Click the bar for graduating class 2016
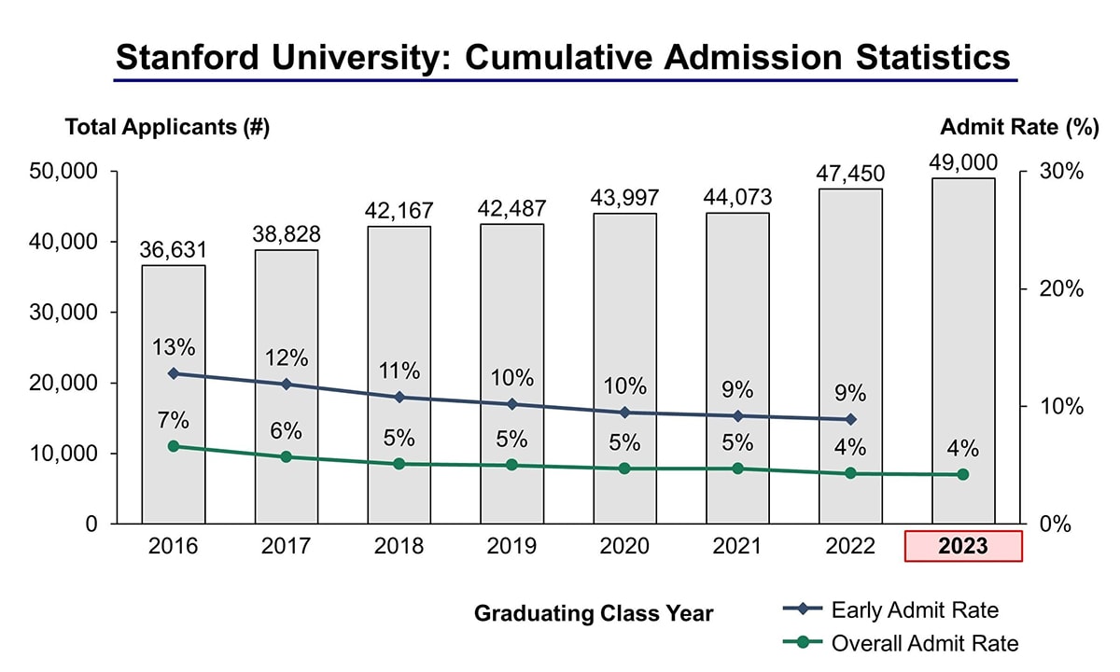tap(174, 392)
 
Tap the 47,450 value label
tap(850, 174)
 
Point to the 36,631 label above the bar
tap(174, 250)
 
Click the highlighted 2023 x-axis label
tap(963, 546)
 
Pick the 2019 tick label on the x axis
tap(511, 546)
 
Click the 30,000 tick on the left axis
tap(65, 312)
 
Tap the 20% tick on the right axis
tap(1062, 288)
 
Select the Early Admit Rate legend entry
tap(915, 610)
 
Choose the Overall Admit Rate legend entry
tap(924, 642)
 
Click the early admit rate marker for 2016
tap(174, 373)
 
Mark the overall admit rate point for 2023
tap(963, 475)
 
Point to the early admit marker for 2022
tap(850, 419)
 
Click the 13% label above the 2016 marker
tap(174, 347)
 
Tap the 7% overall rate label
tap(174, 420)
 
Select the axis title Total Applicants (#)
tap(167, 128)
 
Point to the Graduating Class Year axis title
tap(594, 613)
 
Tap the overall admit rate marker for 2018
tap(399, 464)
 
